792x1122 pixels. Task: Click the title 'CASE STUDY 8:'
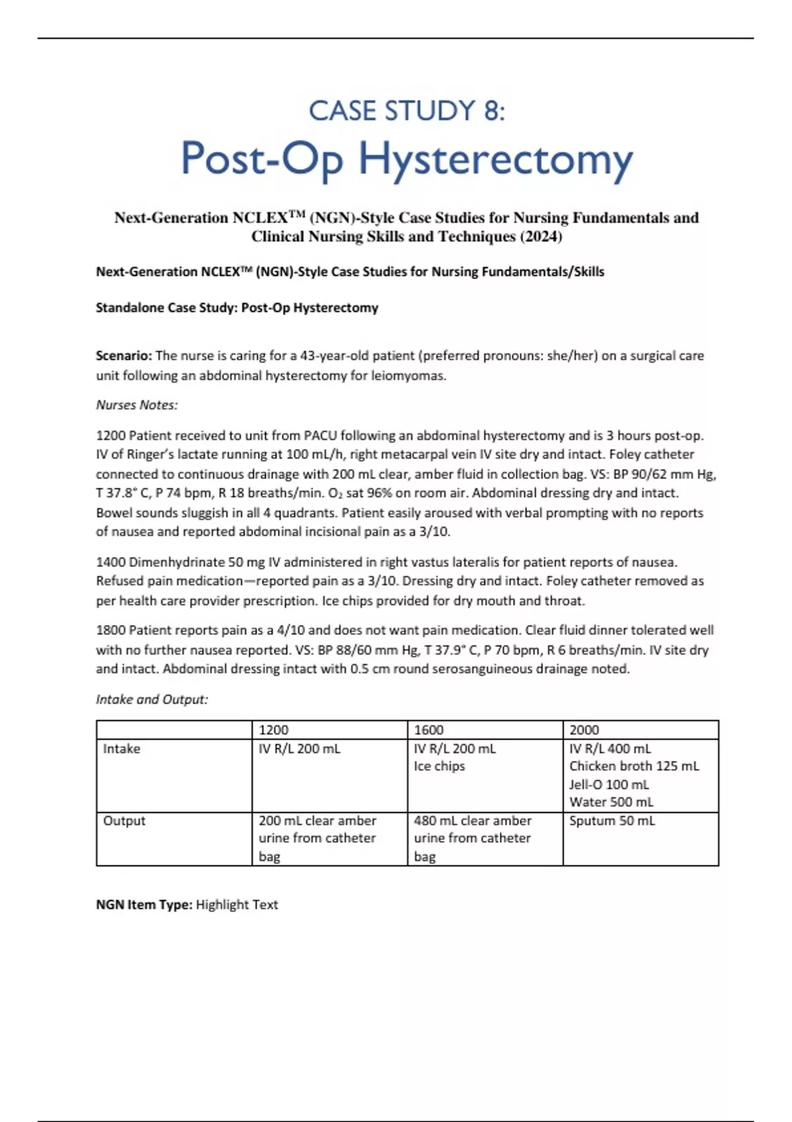coord(407,111)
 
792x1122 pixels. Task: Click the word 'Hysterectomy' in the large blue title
coord(495,160)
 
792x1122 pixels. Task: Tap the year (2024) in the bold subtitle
coord(541,236)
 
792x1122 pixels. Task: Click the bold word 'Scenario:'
coord(123,356)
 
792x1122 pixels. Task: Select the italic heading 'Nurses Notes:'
coord(137,405)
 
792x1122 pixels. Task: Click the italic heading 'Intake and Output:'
coord(152,700)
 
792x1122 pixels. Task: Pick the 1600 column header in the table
coord(428,730)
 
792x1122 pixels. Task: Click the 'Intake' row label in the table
coord(121,749)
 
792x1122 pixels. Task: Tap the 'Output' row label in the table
coord(124,821)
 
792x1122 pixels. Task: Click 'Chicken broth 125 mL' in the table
coord(634,766)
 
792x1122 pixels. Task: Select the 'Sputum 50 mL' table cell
coord(612,821)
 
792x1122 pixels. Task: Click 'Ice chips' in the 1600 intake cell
coord(439,766)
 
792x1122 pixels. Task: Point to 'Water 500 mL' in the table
coord(610,803)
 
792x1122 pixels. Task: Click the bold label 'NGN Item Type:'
coord(144,905)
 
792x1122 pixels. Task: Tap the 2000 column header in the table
coord(583,730)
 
